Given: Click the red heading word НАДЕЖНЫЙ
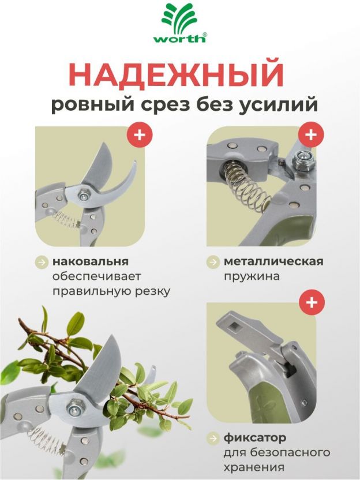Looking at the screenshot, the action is click(x=176, y=75).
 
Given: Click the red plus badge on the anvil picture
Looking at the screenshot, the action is click(x=140, y=134).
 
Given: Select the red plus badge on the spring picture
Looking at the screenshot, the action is click(x=311, y=134).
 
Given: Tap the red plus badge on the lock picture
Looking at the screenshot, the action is click(x=312, y=302).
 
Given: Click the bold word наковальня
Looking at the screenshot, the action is click(x=91, y=262).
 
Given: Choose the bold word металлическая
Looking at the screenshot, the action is click(x=273, y=262).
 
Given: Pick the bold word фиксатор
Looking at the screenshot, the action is click(x=255, y=438).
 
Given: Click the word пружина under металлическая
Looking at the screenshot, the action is click(x=252, y=277).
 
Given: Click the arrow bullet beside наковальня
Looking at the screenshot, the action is click(x=42, y=262).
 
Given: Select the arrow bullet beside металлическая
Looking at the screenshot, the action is click(x=213, y=262).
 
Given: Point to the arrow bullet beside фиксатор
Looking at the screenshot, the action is click(x=213, y=438).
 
